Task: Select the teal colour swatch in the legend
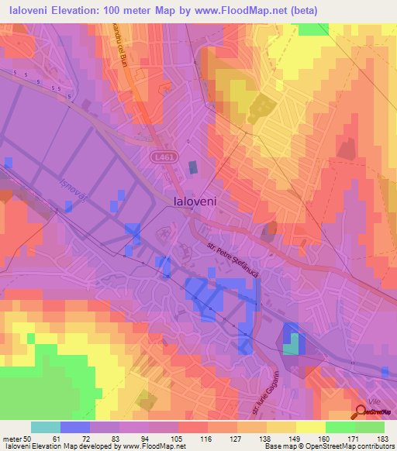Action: click(x=46, y=427)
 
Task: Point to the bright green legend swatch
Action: click(x=340, y=427)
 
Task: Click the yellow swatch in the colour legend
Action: click(x=311, y=427)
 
